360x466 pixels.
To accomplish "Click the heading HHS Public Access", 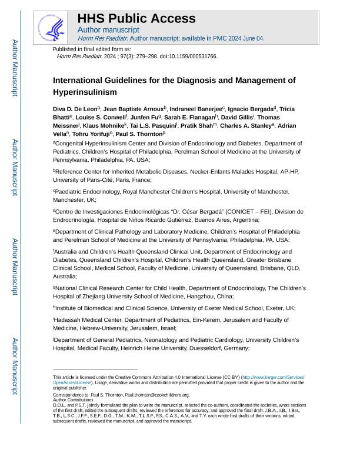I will click(x=136, y=18).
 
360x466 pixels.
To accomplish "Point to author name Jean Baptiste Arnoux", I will click(x=134, y=109).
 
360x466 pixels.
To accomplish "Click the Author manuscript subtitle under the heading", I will click(x=108, y=29).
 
